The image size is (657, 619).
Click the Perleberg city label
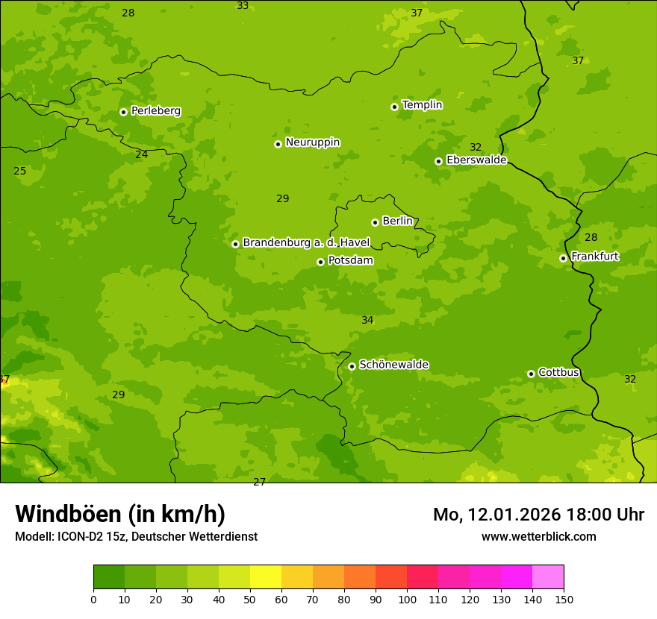pos(155,111)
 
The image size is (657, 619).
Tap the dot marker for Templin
pos(394,107)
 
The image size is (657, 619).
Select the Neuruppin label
pos(312,142)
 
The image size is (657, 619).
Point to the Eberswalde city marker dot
pos(438,161)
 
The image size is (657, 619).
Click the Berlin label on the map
pos(397,221)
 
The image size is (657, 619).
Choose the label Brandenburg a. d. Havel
pos(306,243)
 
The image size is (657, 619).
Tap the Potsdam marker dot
pos(320,262)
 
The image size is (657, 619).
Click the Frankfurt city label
pos(594,257)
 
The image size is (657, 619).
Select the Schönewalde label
pos(393,365)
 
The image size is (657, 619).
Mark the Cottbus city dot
pos(531,374)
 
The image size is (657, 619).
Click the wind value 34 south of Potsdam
pos(367,320)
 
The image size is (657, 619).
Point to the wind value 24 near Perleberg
pos(141,154)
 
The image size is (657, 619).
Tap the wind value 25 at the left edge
pos(19,171)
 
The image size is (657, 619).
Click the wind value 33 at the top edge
pos(243,6)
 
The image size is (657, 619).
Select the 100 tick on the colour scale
pos(407,599)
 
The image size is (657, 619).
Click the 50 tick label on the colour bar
pos(250,599)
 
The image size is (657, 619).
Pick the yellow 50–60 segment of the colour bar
pos(266,577)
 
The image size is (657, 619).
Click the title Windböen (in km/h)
pos(120,514)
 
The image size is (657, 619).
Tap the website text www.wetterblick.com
pos(538,536)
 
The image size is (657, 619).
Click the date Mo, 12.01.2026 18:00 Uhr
pos(538,515)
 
